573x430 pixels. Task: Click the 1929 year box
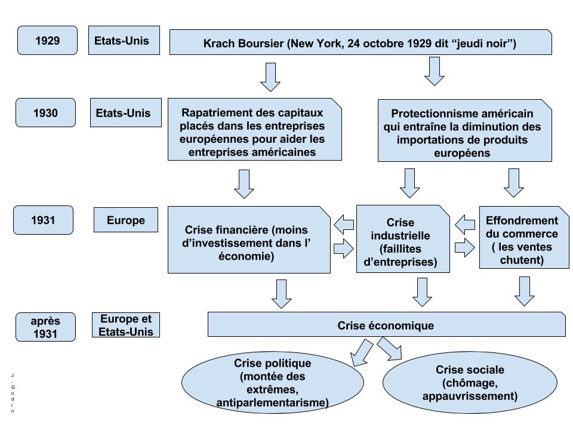[x=47, y=41]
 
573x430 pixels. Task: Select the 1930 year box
[x=45, y=112]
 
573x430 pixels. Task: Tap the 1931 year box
[x=43, y=220]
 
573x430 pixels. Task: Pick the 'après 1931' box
[x=45, y=327]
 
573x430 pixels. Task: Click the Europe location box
[x=126, y=220]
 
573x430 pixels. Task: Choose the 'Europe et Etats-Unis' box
[x=126, y=325]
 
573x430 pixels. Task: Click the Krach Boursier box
[x=360, y=43]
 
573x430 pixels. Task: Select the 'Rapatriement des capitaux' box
[x=254, y=130]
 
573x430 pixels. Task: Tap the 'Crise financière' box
[x=248, y=239]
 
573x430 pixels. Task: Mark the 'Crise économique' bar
[x=386, y=325]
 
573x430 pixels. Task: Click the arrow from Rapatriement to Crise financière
[x=244, y=183]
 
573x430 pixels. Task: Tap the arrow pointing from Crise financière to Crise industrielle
[x=343, y=248]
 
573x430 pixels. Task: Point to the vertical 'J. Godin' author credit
[x=13, y=392]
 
